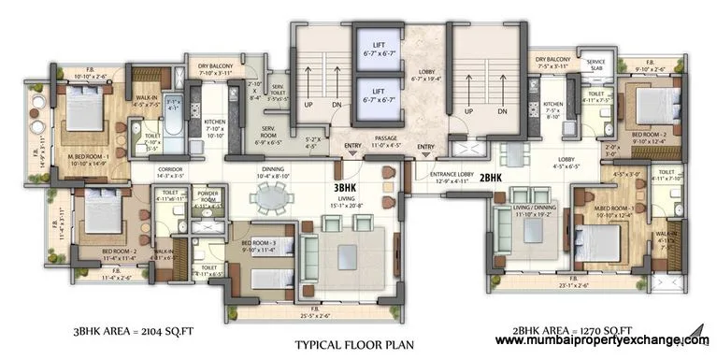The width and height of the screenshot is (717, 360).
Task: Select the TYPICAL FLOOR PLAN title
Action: [353, 344]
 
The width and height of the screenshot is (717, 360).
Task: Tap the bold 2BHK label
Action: [495, 177]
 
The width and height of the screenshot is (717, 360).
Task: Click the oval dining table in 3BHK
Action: [273, 196]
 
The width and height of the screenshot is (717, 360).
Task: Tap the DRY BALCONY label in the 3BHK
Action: [214, 68]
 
